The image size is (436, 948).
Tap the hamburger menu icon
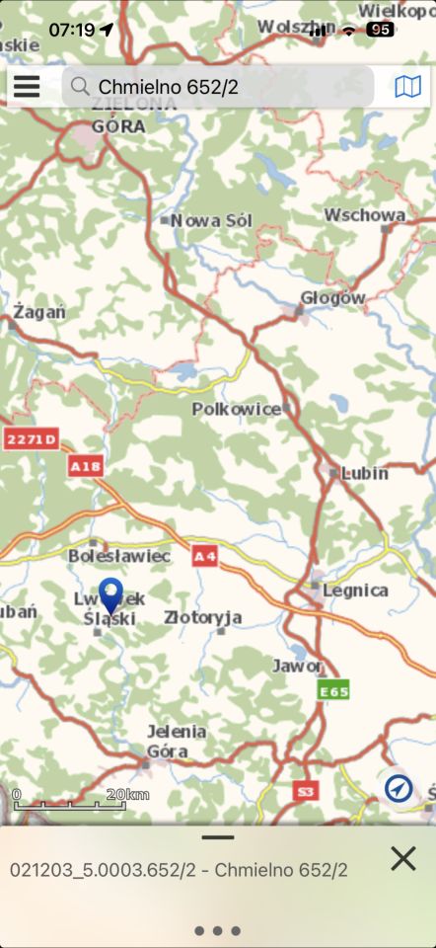point(27,87)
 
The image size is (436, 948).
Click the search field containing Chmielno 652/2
point(217,87)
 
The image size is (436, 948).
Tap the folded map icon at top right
point(407,87)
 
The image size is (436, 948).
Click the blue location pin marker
point(110,596)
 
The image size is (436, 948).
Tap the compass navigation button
point(399,788)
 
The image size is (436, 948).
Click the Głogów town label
point(332,298)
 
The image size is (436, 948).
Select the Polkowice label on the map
point(237,409)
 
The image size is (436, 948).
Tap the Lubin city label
point(364,473)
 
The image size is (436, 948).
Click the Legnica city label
point(355,591)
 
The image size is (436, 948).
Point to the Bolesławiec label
point(119,556)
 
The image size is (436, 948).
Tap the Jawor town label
point(297,667)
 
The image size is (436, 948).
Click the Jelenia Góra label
point(177,741)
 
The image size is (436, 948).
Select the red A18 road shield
point(86,465)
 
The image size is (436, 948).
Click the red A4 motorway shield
point(204,557)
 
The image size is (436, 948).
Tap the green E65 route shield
point(333,691)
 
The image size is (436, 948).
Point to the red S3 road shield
point(306,791)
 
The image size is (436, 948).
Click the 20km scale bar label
point(128,795)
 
